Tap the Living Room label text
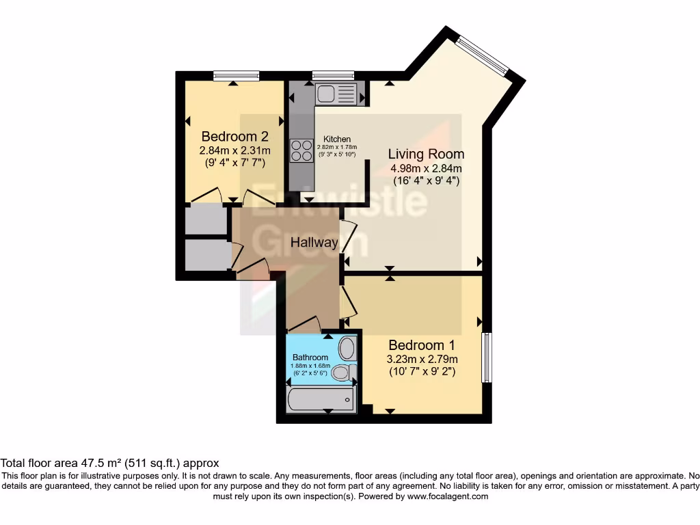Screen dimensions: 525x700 coord(426,154)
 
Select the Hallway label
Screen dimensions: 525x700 coord(314,243)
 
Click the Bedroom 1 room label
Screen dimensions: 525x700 coord(421,345)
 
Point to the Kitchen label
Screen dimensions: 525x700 coord(337,139)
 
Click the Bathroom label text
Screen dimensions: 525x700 coord(310,358)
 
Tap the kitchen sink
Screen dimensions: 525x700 coord(335,94)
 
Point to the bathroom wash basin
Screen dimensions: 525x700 coord(347,348)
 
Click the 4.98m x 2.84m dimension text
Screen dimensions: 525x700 coord(426,169)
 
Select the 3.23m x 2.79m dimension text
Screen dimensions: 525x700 coord(422,359)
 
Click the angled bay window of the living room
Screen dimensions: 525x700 coord(483,55)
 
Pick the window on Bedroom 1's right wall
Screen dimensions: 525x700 coord(487,358)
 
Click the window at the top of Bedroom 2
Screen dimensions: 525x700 coord(236,76)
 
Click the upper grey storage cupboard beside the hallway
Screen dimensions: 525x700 coord(206,219)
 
